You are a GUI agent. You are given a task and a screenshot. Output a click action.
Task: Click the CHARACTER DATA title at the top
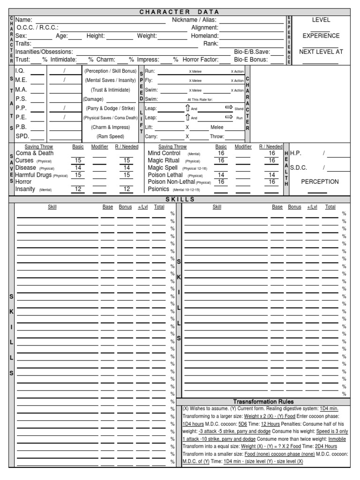pos(180,12)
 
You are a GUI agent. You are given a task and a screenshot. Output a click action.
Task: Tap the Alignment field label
pos(205,28)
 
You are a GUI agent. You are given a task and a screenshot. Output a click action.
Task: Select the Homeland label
pos(204,36)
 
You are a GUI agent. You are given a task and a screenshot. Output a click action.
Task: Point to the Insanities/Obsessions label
pos(44,52)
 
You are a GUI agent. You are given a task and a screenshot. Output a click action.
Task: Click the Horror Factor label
pos(200,60)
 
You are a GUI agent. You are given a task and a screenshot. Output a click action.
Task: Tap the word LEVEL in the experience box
pos(321,20)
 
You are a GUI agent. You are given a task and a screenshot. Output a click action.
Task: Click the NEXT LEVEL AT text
pos(321,52)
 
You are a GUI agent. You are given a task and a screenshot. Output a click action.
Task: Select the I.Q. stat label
pos(21,70)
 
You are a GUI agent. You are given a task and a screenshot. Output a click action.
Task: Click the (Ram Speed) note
pos(110,136)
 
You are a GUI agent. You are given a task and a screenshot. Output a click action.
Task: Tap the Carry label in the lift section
pos(151,136)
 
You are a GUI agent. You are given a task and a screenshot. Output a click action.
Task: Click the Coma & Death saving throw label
pos(35,153)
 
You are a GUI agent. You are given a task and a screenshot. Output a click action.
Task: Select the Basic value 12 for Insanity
pos(78,189)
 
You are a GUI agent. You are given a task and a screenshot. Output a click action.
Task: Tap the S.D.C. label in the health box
pos(299,167)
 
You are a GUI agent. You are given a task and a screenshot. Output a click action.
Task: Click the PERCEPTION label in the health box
pos(320,182)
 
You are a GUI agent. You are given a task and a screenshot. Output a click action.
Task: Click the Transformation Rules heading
pos(264,402)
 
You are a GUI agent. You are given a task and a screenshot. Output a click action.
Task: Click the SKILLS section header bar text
pos(180,199)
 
